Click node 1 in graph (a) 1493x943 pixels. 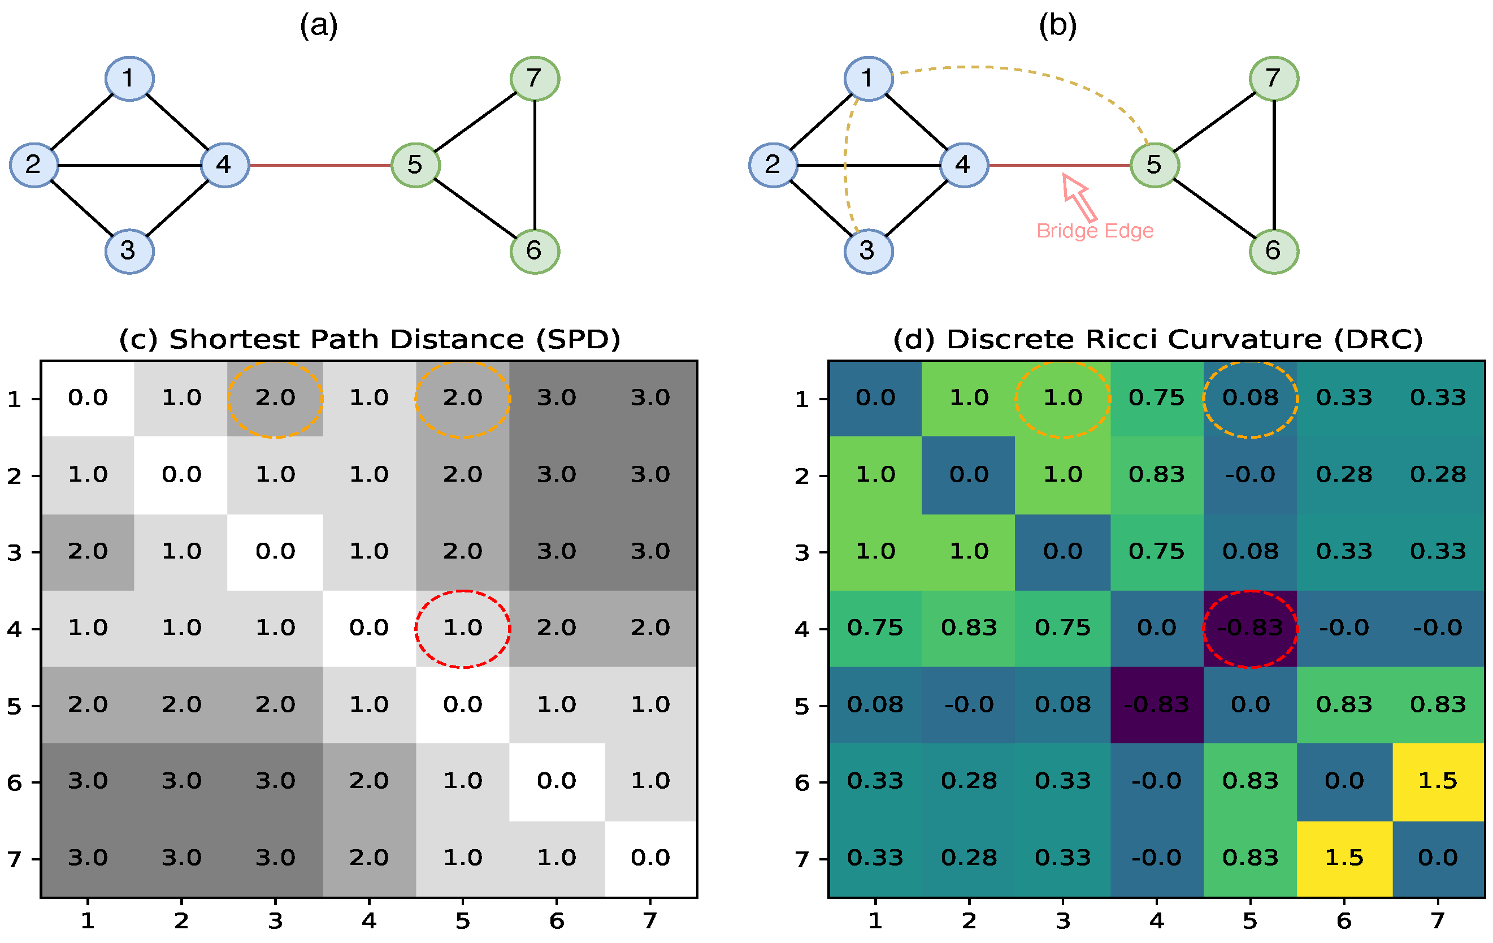[129, 79]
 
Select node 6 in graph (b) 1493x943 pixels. [1274, 251]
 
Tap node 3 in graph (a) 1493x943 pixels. [129, 251]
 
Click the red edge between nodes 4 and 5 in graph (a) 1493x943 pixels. [320, 166]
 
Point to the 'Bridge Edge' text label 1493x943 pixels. [1095, 231]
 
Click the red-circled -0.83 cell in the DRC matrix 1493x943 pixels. [1250, 628]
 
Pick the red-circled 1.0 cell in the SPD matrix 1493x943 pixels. [462, 628]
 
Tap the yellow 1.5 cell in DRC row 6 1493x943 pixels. [1437, 781]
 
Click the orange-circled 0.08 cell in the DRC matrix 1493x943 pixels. [1250, 397]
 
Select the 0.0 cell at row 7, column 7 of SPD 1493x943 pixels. [650, 858]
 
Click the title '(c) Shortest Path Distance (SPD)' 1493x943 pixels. [370, 339]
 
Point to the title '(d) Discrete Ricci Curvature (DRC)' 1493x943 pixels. [1157, 339]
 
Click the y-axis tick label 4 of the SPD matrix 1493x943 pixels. [14, 630]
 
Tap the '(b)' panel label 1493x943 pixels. [1058, 26]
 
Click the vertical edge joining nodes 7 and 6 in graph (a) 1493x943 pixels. [535, 165]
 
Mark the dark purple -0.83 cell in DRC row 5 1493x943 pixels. [1156, 705]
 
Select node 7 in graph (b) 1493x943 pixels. [1274, 79]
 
